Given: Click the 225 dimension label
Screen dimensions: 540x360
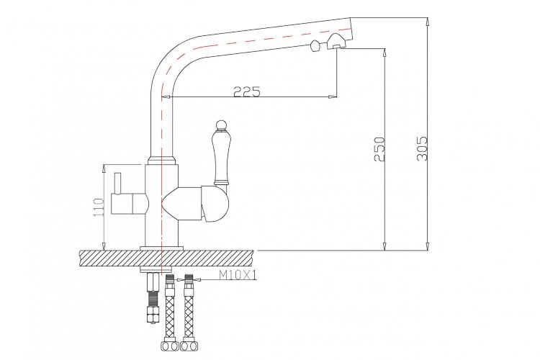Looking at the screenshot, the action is [x=247, y=91].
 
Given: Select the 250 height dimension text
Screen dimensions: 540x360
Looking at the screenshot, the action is [x=379, y=149].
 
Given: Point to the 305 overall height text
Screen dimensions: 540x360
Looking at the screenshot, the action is [x=422, y=148].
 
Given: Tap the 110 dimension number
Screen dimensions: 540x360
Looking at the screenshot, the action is [x=99, y=207].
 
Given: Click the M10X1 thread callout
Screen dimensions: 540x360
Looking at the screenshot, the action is [x=238, y=275].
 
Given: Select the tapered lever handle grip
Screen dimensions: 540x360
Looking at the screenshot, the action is [x=220, y=158].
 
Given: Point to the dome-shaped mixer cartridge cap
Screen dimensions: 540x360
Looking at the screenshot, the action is [x=215, y=204].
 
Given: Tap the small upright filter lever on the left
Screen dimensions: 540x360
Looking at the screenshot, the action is [x=118, y=184].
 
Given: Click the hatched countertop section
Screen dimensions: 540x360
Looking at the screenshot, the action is [x=167, y=258].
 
